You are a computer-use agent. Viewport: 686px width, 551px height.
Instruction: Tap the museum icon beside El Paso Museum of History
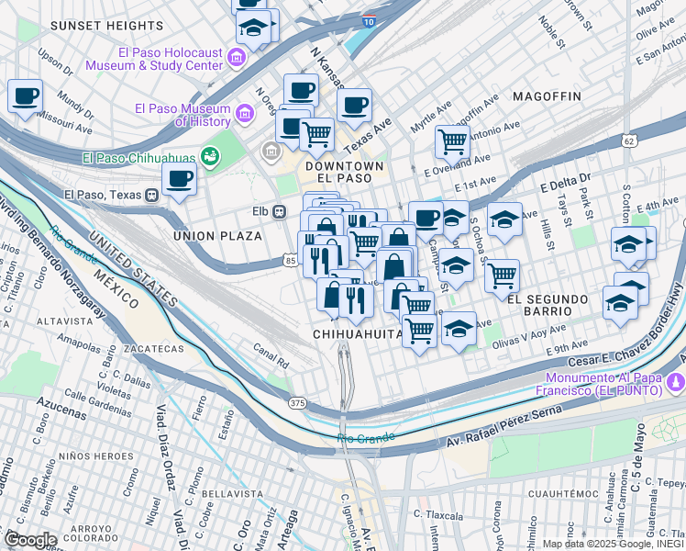(x=244, y=114)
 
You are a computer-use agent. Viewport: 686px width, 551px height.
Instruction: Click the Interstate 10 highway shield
(x=368, y=19)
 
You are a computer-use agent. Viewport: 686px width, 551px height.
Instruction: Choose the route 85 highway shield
(x=291, y=262)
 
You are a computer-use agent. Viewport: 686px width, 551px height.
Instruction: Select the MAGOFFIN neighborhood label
(x=547, y=96)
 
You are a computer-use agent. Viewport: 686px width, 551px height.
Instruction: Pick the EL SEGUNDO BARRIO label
(x=550, y=299)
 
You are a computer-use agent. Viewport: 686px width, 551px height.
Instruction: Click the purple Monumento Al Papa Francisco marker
(x=676, y=380)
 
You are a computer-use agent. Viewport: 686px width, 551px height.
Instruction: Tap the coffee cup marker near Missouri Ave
(x=26, y=96)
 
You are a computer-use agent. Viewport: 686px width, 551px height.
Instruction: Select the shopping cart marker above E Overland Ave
(x=452, y=141)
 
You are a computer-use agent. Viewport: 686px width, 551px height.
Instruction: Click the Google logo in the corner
(x=29, y=539)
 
